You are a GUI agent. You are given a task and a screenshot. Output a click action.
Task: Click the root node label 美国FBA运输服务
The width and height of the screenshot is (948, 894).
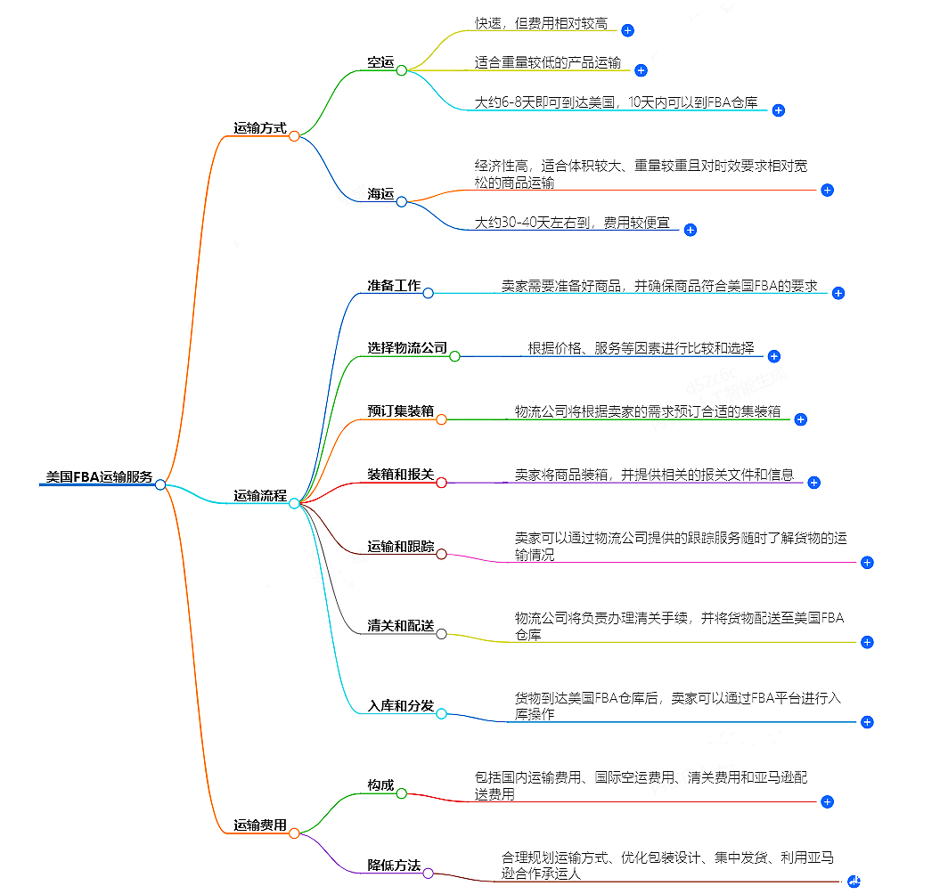[x=99, y=476]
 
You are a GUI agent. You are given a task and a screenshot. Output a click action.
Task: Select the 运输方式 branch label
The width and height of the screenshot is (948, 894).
[x=260, y=128]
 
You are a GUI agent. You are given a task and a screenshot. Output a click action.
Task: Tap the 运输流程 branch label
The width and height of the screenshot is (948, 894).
[x=260, y=496]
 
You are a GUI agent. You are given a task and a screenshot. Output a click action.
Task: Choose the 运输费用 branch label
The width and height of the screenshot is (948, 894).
[x=260, y=825]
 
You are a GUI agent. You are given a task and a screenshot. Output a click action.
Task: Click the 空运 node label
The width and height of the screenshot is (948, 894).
[x=380, y=62]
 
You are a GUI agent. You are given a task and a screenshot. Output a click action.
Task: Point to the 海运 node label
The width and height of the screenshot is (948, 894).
[x=380, y=194]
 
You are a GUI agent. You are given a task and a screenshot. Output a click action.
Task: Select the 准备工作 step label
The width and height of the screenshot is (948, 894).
[x=394, y=286]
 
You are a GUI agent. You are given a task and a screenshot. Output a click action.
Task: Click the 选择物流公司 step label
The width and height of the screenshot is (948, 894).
[x=407, y=348]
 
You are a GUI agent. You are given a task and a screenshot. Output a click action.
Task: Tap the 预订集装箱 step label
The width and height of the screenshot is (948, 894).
[x=400, y=410]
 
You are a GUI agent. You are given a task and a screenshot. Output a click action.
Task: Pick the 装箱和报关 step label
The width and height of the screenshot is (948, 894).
[x=400, y=475]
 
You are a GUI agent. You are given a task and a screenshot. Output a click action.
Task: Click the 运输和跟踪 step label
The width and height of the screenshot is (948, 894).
[x=400, y=546]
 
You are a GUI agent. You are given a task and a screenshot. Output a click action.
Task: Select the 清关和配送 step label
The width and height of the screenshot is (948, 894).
[x=400, y=626]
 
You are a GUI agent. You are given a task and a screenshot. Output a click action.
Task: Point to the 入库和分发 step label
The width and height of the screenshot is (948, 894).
[x=400, y=706]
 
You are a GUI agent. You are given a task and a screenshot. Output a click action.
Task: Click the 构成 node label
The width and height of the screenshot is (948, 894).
[x=380, y=784]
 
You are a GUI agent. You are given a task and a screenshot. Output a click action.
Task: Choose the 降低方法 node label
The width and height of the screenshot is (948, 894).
[x=394, y=865]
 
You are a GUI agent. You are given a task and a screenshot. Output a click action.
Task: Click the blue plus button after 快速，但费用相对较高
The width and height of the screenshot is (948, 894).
[x=627, y=30]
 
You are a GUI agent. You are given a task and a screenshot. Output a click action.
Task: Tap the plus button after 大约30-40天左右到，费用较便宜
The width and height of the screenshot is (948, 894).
[x=690, y=230]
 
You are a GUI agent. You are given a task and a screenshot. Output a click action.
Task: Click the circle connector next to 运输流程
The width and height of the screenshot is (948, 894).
[x=294, y=503]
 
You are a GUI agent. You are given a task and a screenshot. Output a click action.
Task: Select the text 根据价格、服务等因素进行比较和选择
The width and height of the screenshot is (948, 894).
[x=641, y=348]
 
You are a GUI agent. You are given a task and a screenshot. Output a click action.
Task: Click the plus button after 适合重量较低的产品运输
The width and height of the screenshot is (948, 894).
[x=640, y=69]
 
